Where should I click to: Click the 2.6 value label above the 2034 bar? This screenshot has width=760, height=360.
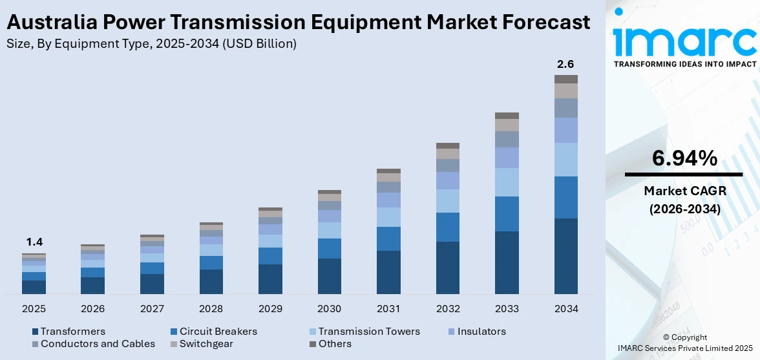coord(565,64)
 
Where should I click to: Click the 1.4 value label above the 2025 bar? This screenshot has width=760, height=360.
coord(34,242)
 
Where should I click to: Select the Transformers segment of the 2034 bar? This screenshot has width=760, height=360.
coord(565,256)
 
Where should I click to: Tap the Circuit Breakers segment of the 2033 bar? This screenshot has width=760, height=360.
coord(507,214)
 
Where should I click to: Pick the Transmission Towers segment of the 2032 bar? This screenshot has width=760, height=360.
coord(447,201)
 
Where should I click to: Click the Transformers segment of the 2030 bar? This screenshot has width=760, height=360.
coord(329,276)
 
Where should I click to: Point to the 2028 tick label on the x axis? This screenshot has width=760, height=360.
coord(211,309)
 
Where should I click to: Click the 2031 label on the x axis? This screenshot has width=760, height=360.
coord(388,309)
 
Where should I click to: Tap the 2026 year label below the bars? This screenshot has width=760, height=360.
coord(93,309)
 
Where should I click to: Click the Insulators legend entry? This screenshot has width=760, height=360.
coord(481,332)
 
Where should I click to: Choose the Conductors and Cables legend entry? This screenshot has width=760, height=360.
coord(98,344)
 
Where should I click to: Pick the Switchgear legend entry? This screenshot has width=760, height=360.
coord(206,344)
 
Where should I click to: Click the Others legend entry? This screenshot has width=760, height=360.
coord(335,344)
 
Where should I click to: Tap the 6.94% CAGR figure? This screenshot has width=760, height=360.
coord(684,158)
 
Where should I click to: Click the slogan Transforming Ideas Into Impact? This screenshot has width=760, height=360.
coord(684,64)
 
